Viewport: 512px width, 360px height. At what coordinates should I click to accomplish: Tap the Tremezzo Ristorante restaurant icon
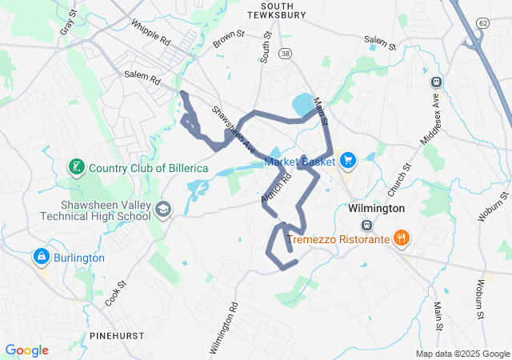point(402,238)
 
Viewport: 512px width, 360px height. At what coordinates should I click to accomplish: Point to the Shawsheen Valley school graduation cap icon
point(163,209)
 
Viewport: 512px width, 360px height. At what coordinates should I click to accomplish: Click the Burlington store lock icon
point(39,257)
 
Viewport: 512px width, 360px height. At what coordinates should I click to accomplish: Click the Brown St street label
point(229,38)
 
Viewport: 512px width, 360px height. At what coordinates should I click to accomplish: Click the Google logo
point(27,350)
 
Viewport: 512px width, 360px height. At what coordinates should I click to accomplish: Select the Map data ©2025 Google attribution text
point(462,354)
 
